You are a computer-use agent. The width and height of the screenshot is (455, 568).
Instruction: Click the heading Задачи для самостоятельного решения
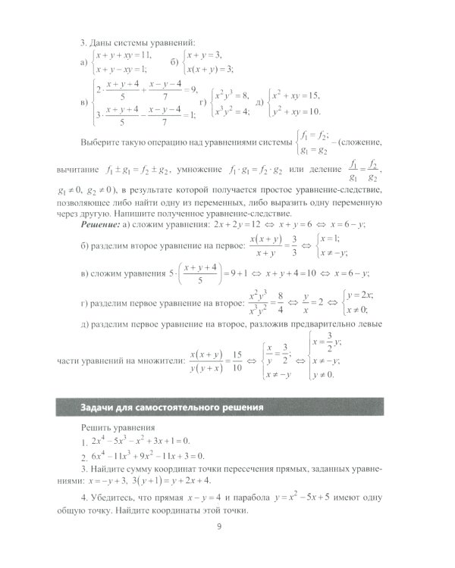pos(171,409)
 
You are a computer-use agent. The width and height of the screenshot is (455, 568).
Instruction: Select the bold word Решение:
pos(105,226)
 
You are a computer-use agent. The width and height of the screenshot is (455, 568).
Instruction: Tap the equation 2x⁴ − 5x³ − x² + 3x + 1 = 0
pos(140,440)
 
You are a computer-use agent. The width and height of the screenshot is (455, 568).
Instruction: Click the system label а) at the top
pos(83,62)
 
